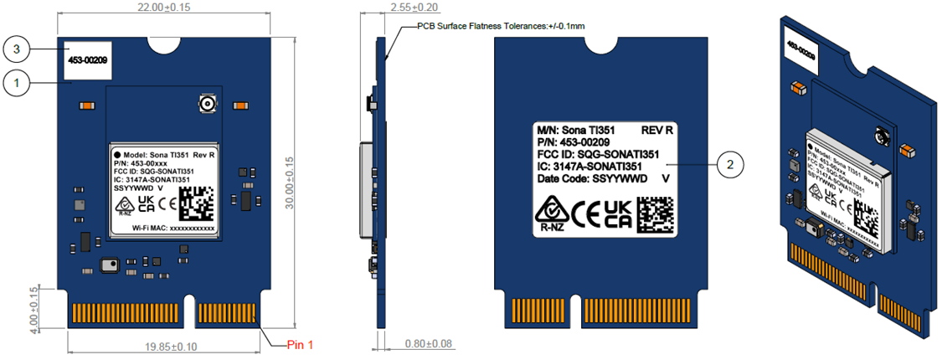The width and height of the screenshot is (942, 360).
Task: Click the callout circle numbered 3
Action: pos(18,50)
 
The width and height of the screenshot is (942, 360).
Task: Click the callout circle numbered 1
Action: pos(18,82)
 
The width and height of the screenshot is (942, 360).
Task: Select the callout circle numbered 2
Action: pos(731,165)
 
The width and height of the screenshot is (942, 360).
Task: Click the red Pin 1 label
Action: pos(300,344)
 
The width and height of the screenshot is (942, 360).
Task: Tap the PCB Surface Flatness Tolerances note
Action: pos(501,27)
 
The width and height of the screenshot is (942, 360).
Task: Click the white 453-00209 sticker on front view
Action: pos(87,60)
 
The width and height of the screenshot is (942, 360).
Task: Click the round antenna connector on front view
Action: pos(204,105)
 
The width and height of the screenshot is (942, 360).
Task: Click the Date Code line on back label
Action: pos(589,178)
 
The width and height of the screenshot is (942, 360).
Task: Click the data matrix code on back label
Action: pos(655,213)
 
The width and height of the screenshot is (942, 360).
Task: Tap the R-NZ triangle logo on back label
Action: pos(551,211)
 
